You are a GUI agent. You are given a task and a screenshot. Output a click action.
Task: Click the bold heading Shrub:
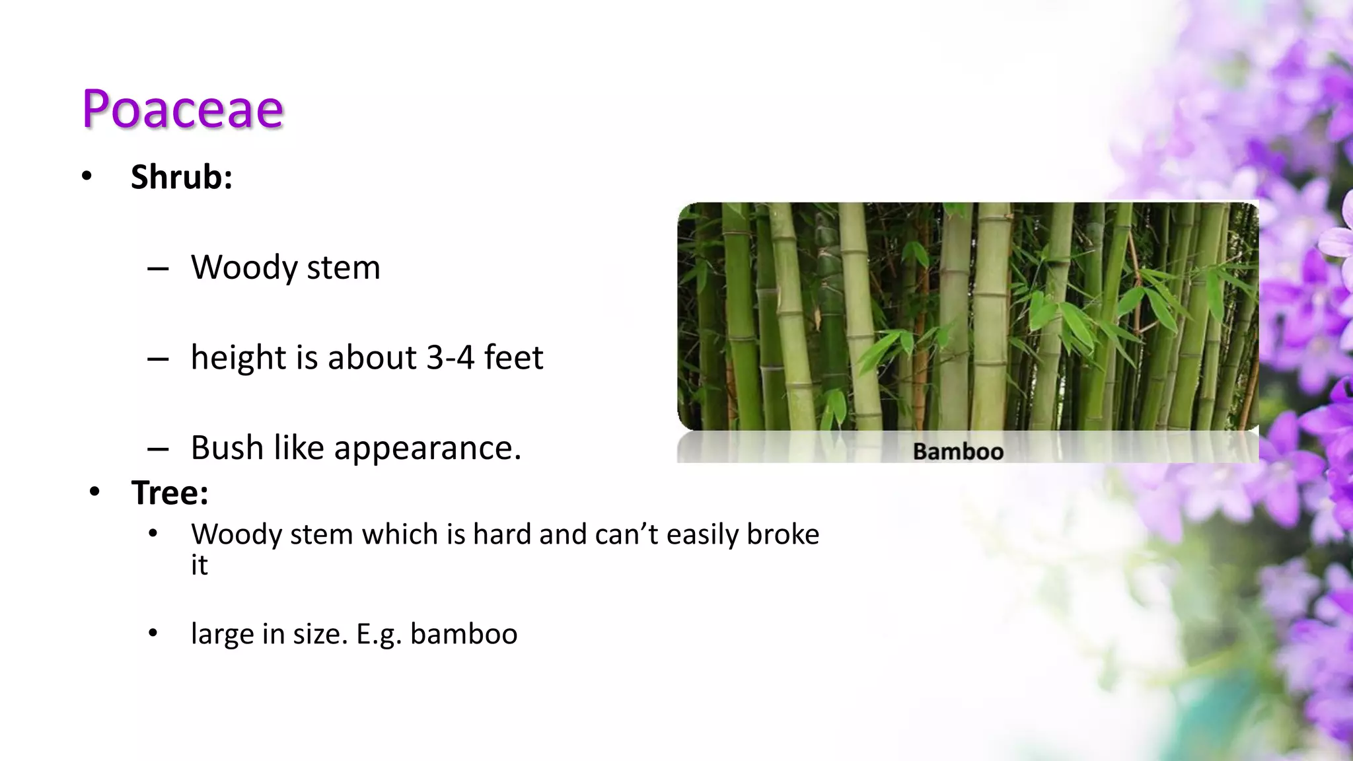tap(181, 177)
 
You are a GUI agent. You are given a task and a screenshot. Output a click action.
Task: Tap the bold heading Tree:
tap(170, 493)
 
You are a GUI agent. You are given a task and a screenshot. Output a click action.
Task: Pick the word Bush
tap(227, 448)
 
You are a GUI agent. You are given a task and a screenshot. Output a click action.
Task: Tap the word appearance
tap(427, 449)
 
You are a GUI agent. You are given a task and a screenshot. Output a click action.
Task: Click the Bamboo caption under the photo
tap(958, 452)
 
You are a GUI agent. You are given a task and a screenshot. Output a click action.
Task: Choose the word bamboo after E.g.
tap(464, 634)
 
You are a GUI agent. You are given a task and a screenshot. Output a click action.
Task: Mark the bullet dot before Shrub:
tap(87, 176)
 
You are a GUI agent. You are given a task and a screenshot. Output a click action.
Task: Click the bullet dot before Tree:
tap(94, 492)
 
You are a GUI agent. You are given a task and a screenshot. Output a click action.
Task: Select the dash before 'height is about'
tap(158, 359)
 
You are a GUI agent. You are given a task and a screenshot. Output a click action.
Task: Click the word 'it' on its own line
tap(199, 565)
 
